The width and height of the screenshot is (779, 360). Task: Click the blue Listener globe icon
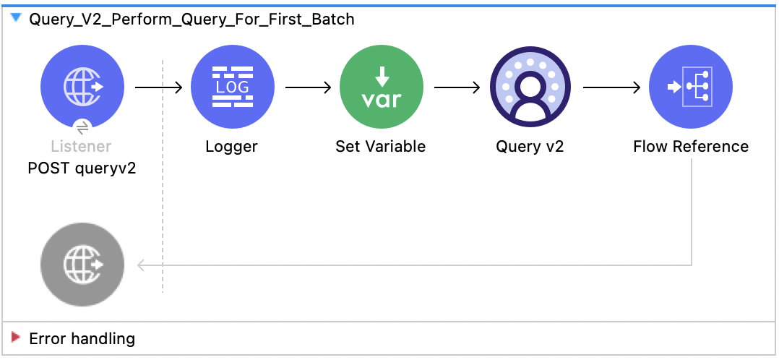click(82, 87)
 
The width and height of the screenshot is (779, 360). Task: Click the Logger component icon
click(232, 87)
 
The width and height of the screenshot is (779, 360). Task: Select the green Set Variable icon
click(381, 87)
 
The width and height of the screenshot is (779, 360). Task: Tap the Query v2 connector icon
click(530, 87)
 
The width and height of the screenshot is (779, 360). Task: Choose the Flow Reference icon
click(691, 87)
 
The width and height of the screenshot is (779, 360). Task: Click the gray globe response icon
click(82, 265)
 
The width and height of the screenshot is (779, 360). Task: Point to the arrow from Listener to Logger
click(159, 87)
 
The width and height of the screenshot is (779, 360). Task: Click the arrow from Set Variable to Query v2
click(457, 87)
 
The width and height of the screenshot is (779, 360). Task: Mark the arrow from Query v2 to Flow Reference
click(611, 87)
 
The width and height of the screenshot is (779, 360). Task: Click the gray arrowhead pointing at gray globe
click(142, 265)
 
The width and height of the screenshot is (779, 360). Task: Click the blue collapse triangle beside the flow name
click(16, 18)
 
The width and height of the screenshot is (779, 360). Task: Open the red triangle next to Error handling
click(16, 338)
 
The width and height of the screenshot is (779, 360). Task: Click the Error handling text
click(82, 338)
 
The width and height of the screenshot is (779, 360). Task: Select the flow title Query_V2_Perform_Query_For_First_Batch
click(191, 20)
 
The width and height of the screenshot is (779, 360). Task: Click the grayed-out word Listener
click(81, 147)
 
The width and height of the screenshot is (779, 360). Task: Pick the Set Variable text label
click(381, 147)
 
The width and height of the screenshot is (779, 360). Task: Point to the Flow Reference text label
click(691, 147)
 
